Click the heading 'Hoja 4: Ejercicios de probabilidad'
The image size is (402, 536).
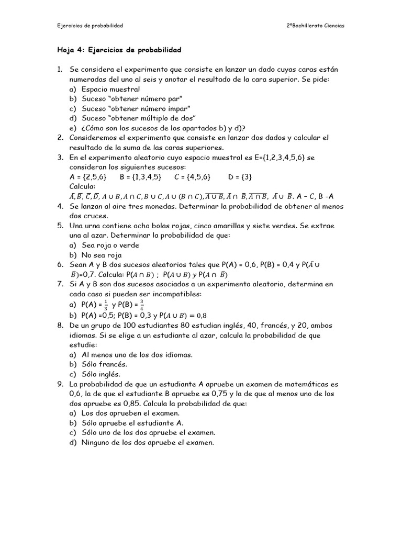[119, 50]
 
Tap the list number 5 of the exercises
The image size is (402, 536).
[60, 226]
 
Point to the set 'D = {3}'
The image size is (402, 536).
[240, 177]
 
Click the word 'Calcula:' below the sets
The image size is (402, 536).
[83, 186]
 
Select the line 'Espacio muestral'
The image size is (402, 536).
[104, 89]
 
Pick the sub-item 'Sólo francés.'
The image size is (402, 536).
[104, 364]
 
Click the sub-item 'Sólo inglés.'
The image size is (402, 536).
[101, 374]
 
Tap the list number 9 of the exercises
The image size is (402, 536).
[60, 384]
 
